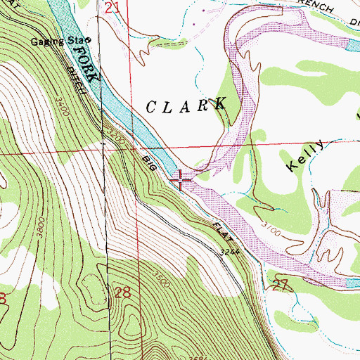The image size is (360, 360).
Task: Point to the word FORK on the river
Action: [x=84, y=60]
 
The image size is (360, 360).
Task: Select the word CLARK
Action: [x=186, y=105]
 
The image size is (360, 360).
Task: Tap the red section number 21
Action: [x=112, y=8]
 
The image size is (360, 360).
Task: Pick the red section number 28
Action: [x=122, y=292]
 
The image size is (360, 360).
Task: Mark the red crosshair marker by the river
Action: [x=181, y=181]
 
